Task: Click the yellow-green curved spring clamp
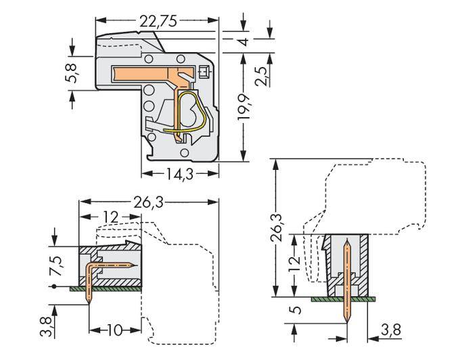tap(192, 112)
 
